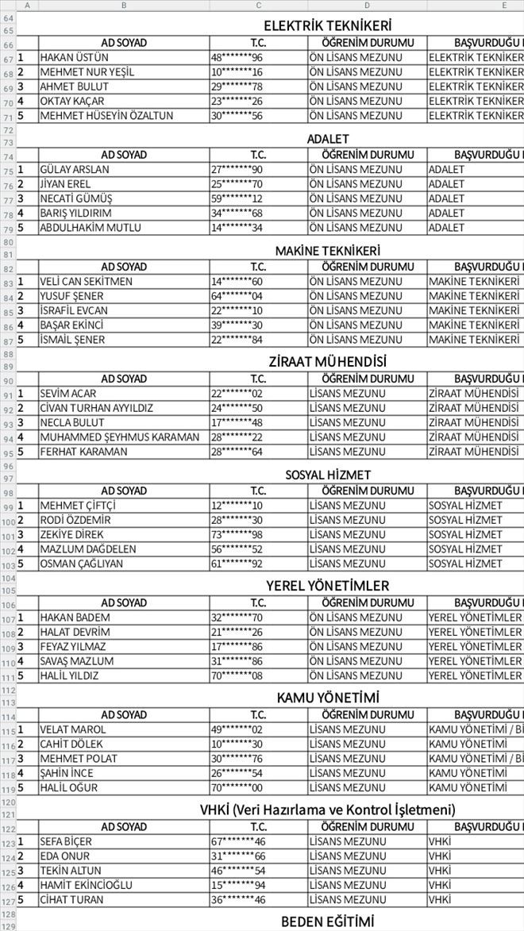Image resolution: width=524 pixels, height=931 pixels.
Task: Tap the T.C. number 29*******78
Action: click(x=237, y=87)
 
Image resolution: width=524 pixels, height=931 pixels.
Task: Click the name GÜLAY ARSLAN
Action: click(x=75, y=170)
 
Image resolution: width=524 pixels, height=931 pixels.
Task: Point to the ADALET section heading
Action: click(x=327, y=139)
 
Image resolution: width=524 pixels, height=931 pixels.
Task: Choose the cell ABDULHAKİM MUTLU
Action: click(x=91, y=228)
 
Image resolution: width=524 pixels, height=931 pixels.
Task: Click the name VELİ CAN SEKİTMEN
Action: click(x=86, y=282)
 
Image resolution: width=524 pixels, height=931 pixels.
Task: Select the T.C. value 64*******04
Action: click(x=237, y=296)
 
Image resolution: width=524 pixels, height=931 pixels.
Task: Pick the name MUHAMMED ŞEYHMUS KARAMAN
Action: click(x=119, y=437)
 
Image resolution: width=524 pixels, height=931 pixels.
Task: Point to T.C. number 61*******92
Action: click(x=237, y=564)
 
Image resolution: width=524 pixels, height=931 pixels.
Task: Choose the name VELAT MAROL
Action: click(x=72, y=730)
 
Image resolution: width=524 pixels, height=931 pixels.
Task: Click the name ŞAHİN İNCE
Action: click(x=66, y=773)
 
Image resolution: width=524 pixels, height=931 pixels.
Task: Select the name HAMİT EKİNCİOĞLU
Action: click(x=86, y=886)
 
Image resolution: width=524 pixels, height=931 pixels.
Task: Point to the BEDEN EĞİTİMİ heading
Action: click(x=327, y=921)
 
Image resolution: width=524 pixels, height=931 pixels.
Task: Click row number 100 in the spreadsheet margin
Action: click(x=7, y=521)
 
